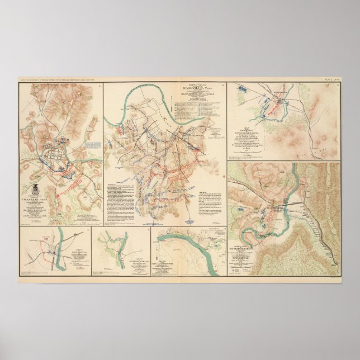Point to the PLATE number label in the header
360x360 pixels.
pyautogui.click(x=331, y=79)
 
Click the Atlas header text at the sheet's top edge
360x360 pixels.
pyautogui.click(x=73, y=79)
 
